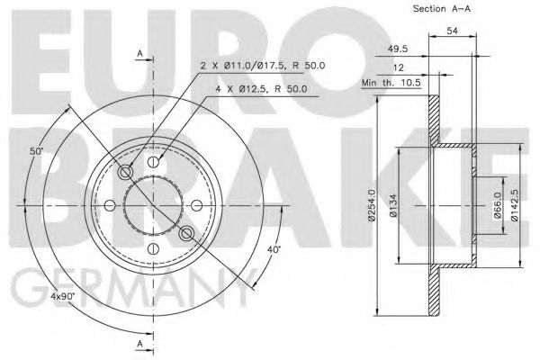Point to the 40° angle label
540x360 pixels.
pos(274,248)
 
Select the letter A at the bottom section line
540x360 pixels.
pos(140,345)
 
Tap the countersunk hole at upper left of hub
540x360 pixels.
pos(126,173)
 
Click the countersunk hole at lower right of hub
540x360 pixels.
pos(187,234)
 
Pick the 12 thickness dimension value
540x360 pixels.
pos(399,67)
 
